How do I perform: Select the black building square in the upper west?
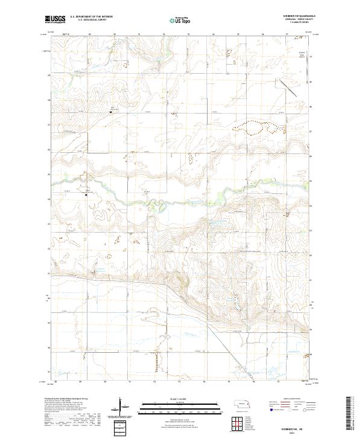coord(110,111)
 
